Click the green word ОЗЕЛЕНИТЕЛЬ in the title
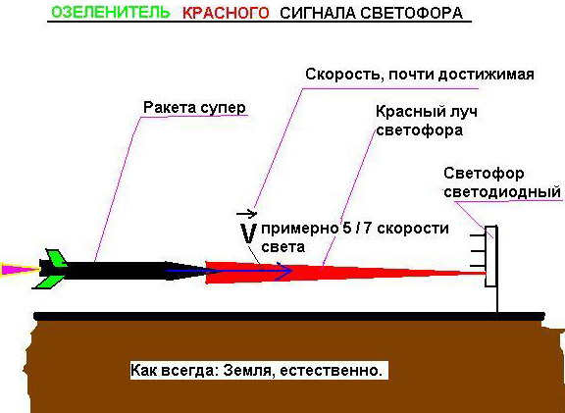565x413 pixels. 111,13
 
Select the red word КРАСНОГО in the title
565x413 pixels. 226,14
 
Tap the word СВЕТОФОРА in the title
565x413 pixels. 411,14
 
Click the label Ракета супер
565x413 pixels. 194,108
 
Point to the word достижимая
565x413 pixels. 487,75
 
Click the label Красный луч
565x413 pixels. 427,112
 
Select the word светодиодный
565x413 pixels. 502,191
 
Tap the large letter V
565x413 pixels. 248,233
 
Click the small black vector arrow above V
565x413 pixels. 246,214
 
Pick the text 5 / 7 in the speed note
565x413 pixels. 356,229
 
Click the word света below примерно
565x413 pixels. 282,247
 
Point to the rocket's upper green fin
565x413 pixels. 57,258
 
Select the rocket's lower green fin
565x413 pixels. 49,283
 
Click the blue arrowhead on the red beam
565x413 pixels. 284,271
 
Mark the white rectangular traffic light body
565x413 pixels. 491,256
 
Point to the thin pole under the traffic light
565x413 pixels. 497,300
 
